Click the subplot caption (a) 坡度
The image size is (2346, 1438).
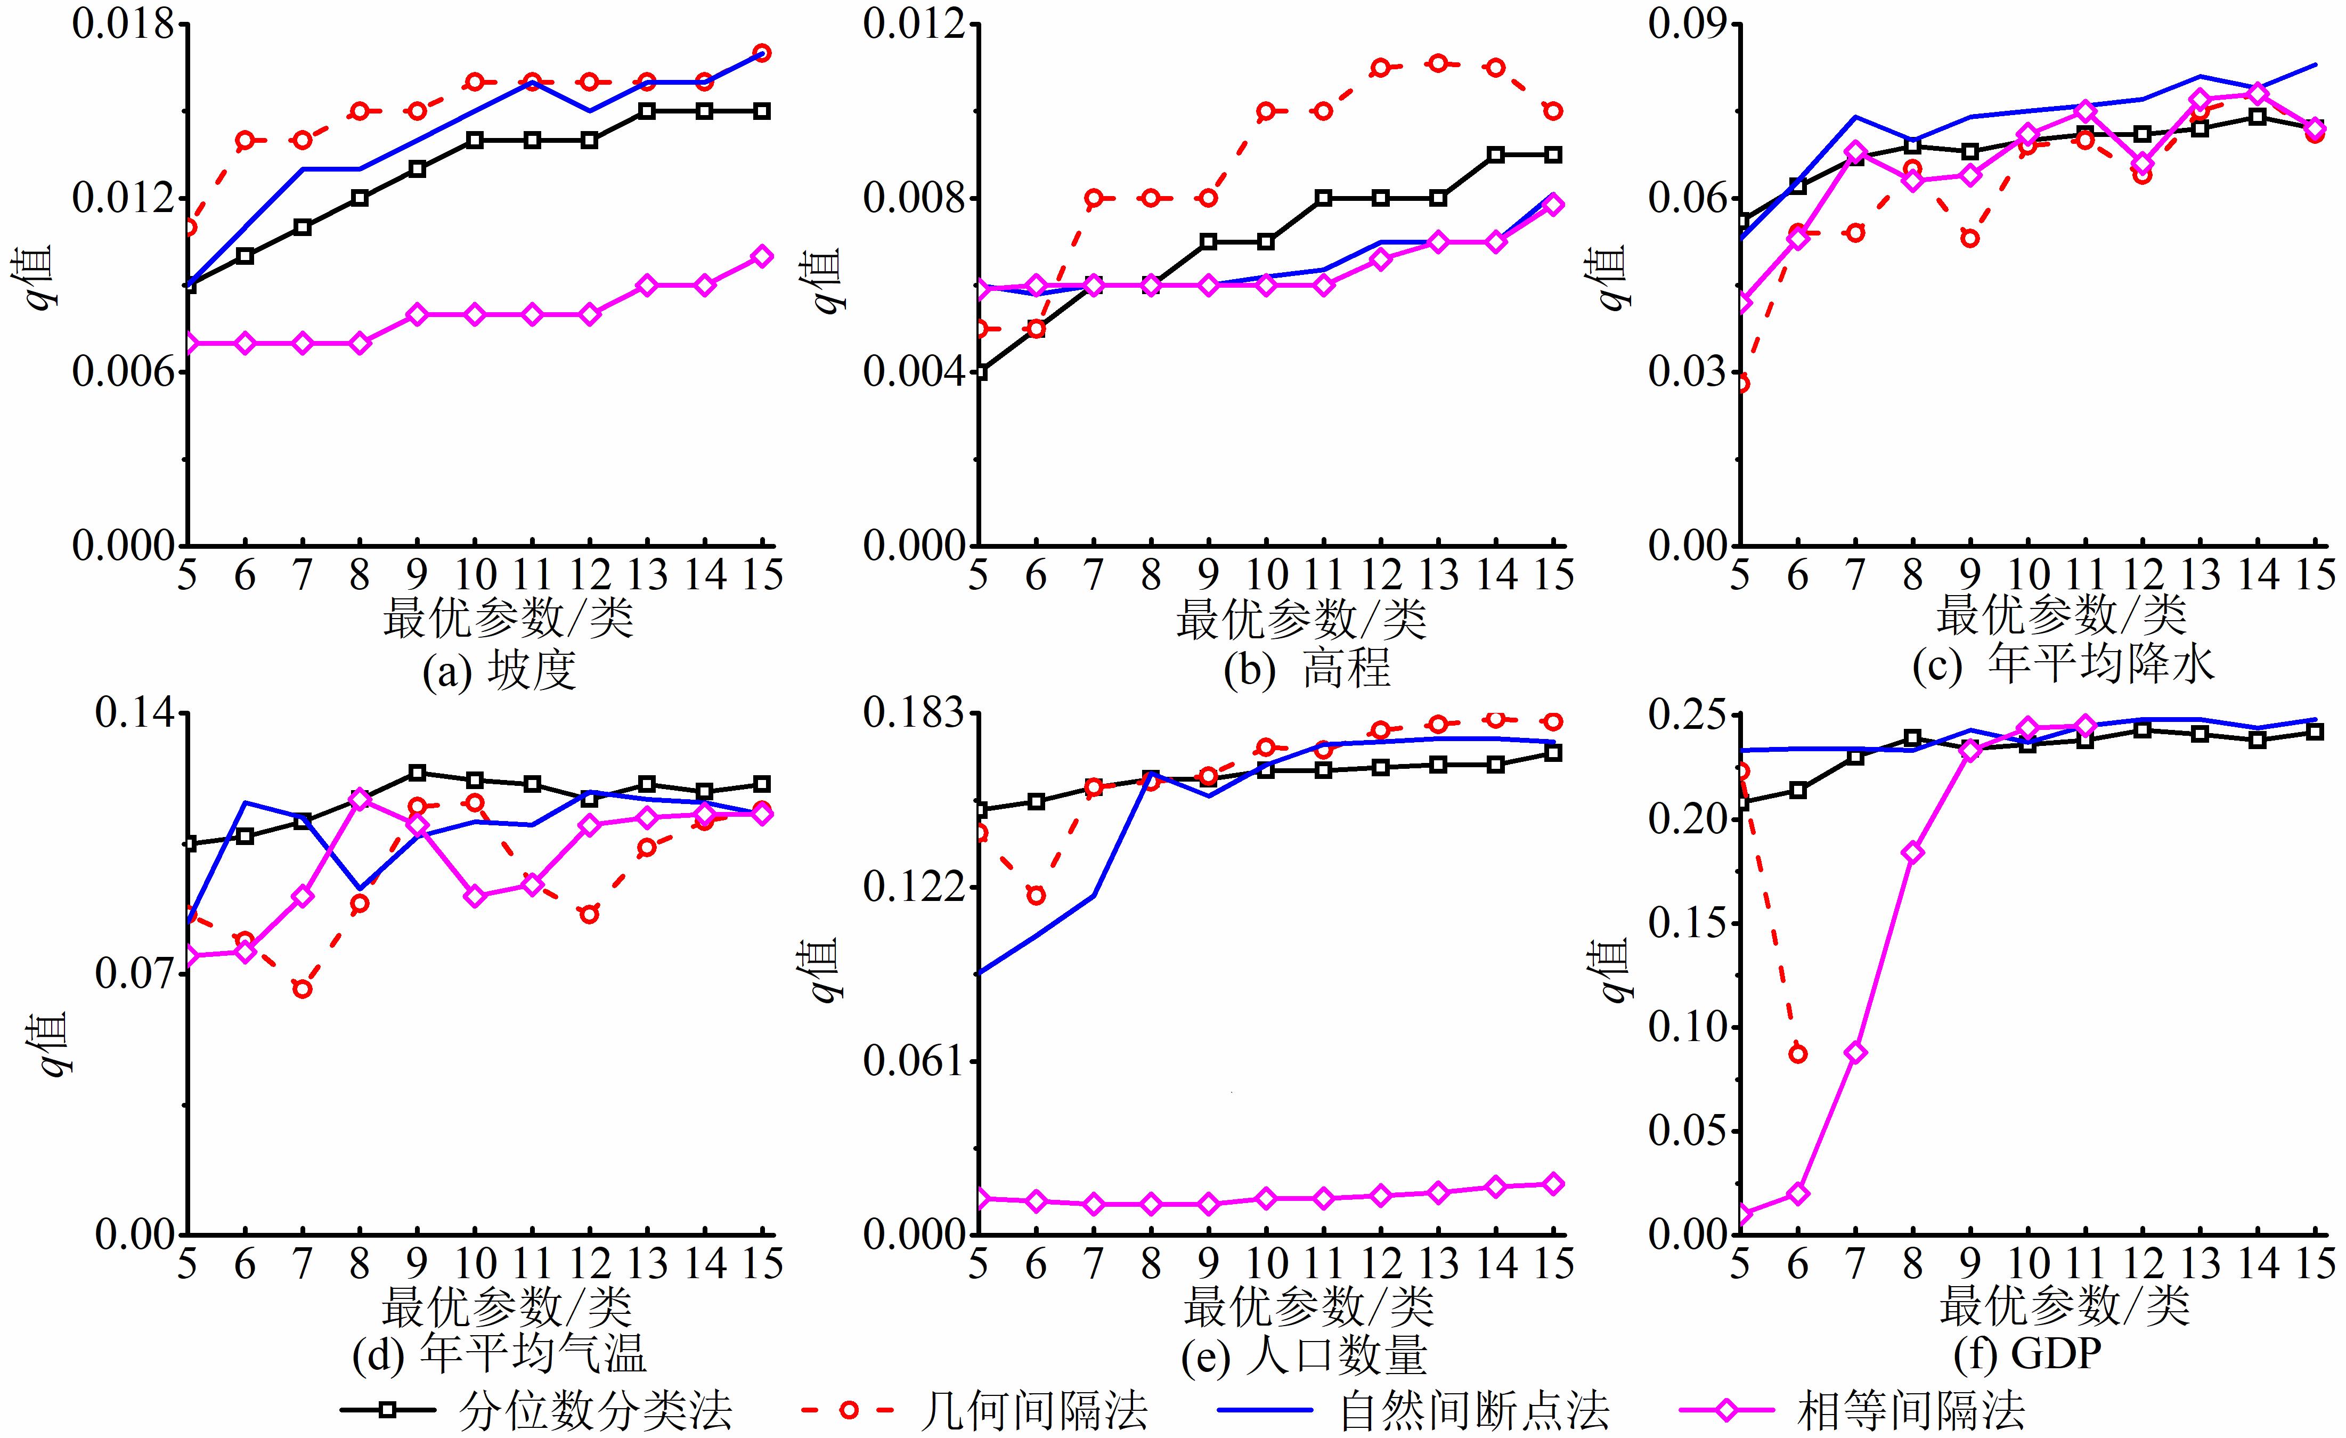pyautogui.click(x=499, y=670)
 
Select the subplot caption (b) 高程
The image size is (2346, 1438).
pyautogui.click(x=1307, y=670)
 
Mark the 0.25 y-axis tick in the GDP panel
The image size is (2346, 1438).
pyautogui.click(x=1688, y=715)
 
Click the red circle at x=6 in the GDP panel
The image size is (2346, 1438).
pyautogui.click(x=1797, y=1054)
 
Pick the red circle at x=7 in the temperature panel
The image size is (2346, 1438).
pyautogui.click(x=303, y=989)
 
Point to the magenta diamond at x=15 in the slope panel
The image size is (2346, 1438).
pyautogui.click(x=762, y=256)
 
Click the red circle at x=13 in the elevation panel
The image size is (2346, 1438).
pyautogui.click(x=1439, y=63)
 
